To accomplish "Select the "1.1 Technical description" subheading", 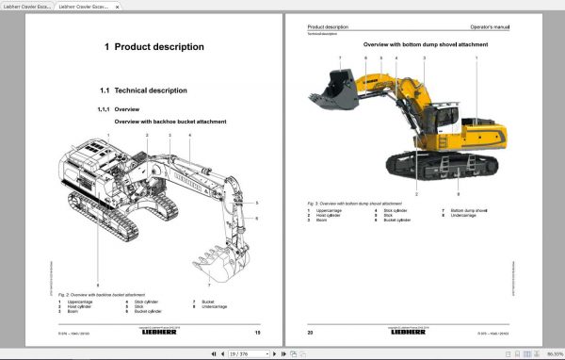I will tap(143, 90).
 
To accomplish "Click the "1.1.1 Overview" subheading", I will tap(120, 109).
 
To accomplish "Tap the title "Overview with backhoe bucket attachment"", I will tap(169, 123).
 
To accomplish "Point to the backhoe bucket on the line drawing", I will tap(208, 264).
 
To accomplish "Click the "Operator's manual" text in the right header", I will tap(492, 27).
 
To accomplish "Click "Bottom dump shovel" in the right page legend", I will tap(469, 210).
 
